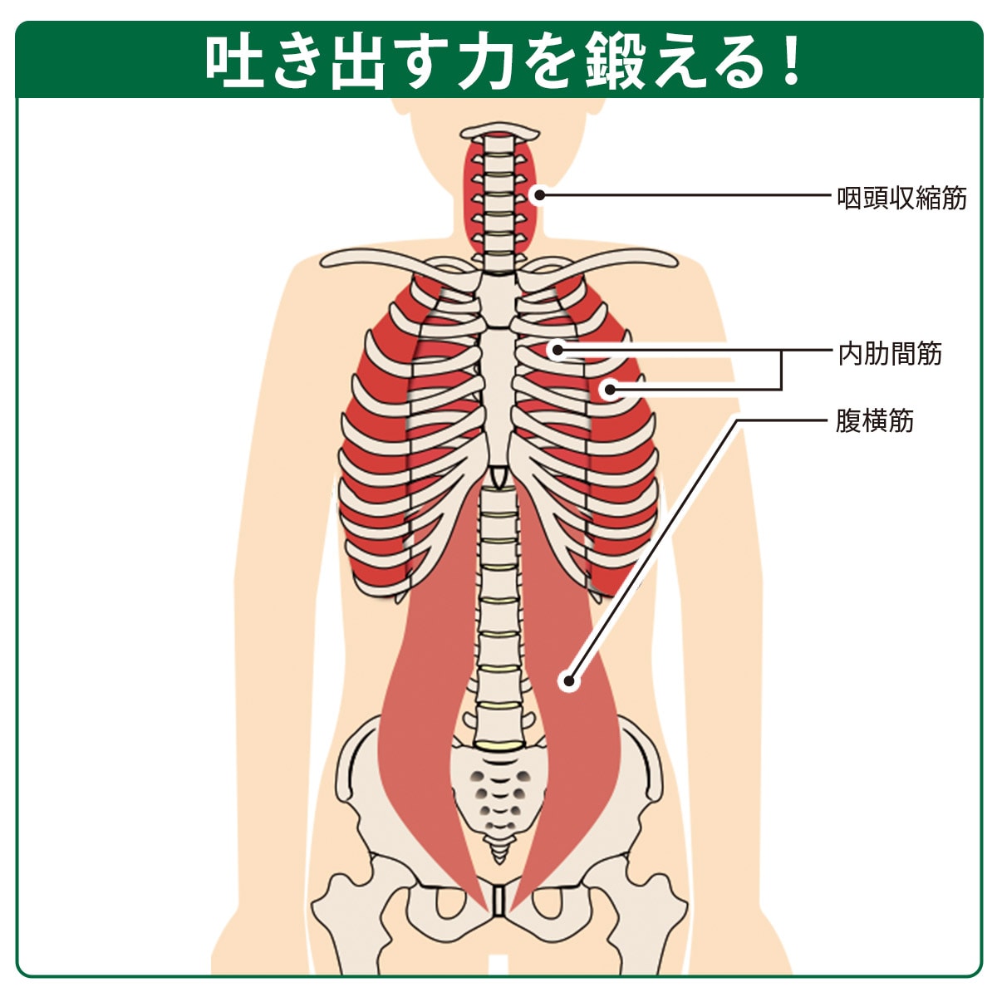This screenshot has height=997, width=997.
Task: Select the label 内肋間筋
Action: (889, 354)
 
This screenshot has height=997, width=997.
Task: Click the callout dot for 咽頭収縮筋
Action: (540, 195)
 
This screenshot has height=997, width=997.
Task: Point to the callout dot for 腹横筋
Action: (569, 681)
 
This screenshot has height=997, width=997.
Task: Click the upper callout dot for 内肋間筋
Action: (557, 351)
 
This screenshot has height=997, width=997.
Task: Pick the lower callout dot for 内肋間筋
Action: (611, 389)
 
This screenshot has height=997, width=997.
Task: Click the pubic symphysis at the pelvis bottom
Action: (498, 912)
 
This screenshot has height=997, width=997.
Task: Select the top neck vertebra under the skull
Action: (498, 132)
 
